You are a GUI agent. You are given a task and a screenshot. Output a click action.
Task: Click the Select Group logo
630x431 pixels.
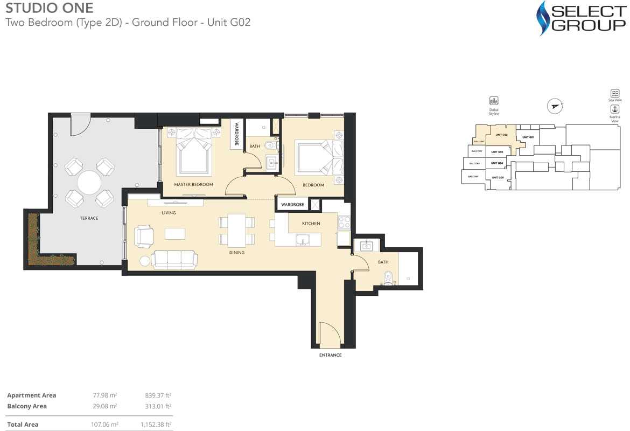tap(582, 18)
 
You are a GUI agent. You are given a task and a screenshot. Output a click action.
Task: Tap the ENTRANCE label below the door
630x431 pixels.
tap(330, 355)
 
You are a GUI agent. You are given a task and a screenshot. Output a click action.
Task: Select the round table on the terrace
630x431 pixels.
tap(89, 183)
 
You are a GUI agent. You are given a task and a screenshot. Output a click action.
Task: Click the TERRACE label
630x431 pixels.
tap(89, 218)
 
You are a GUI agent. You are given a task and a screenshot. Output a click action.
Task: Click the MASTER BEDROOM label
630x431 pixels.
tap(193, 185)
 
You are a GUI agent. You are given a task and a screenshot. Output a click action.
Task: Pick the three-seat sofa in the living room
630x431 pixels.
tap(174, 259)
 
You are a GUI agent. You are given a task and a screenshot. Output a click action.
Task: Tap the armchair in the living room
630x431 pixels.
tap(144, 236)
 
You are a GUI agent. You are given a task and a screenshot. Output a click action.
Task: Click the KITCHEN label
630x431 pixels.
tap(311, 223)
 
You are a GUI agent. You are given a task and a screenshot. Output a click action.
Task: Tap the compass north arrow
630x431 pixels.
tap(554, 106)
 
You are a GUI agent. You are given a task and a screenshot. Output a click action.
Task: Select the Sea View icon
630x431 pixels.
tap(614, 94)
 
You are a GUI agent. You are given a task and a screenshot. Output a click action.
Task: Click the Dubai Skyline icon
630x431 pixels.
tap(494, 101)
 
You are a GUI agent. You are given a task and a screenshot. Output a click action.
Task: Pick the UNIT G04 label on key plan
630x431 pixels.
tap(497, 163)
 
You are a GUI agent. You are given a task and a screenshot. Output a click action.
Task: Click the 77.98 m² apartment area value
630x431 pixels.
tap(105, 395)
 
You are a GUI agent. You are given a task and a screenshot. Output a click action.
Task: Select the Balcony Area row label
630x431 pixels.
tap(27, 406)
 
